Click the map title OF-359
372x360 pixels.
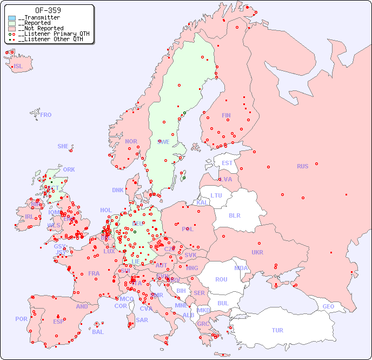pos(48,10)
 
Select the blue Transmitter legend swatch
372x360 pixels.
pos(12,18)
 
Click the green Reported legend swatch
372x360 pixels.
pos(12,23)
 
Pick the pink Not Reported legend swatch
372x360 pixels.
pos(12,29)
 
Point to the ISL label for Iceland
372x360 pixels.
pos(18,67)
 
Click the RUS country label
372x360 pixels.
pos(302,166)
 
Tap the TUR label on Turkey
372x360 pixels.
pos(277,330)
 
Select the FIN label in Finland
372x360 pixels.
pos(226,115)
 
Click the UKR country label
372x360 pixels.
pos(257,252)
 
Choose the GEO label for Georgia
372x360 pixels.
pos(328,306)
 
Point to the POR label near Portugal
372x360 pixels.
pos(21,319)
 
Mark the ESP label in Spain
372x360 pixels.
pos(58,321)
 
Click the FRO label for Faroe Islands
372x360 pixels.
pos(46,115)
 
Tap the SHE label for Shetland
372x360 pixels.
pos(63,146)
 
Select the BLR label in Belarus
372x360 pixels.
pos(235,215)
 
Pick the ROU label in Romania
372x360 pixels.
pos(221,279)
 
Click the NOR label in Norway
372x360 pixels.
pos(131,141)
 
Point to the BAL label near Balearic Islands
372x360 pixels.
pos(97,332)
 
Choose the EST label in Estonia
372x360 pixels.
pos(227,163)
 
